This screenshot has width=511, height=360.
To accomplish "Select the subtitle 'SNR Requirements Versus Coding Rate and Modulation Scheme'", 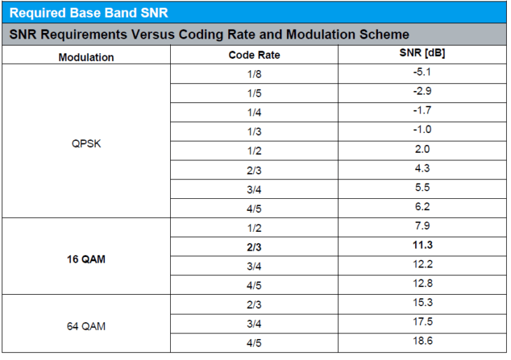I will coord(209,34).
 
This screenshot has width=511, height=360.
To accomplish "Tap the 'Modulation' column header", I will coord(86,57).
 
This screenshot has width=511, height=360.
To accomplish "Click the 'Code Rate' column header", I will coord(254,55).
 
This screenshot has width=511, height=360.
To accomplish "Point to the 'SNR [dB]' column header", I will coord(421,53).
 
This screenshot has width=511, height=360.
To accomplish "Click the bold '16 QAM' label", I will coord(86,258).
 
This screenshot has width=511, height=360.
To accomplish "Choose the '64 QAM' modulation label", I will coord(86,326).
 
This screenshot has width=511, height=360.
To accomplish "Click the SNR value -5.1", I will coord(421,72).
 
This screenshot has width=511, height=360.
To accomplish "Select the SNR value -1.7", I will coord(421,111).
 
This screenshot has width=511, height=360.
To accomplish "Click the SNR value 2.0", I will coord(421,149).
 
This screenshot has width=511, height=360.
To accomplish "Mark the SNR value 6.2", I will coord(421,207).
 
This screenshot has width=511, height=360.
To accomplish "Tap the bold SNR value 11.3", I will coord(421,245).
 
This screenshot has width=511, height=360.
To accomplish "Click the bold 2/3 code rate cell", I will coord(254,247).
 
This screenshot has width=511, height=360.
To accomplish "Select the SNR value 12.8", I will coord(421,283).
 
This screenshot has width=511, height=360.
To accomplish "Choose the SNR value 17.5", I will coord(421,321).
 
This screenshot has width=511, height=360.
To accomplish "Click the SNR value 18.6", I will coord(421,340).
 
